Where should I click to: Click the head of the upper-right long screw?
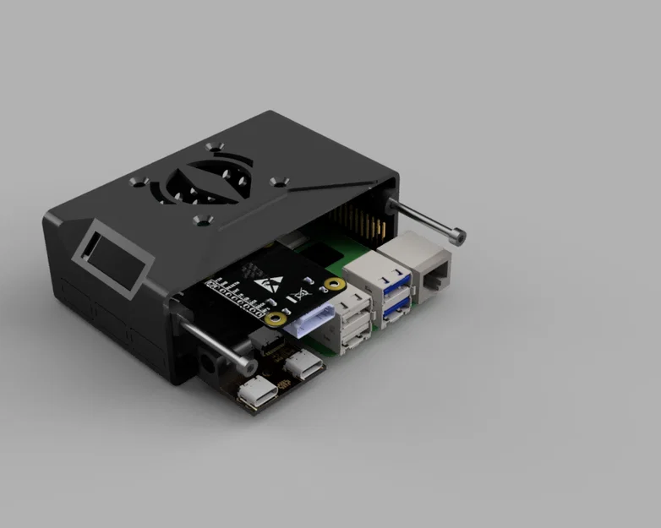click(x=459, y=237)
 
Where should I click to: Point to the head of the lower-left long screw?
click(x=247, y=367)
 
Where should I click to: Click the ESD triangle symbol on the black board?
click(x=273, y=282)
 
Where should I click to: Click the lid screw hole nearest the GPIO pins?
click(x=280, y=181)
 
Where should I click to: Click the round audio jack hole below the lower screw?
click(x=209, y=365)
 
